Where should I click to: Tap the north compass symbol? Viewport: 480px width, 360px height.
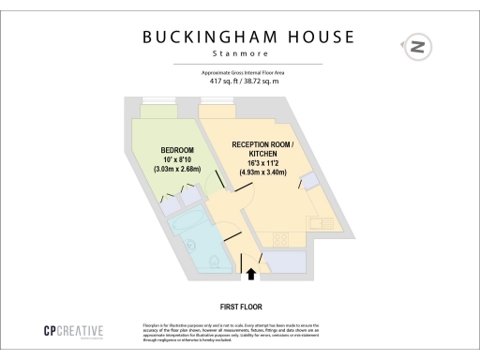pos(416,46)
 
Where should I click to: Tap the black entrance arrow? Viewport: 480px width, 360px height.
pos(250,274)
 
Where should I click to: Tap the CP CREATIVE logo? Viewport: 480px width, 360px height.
pos(74,331)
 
